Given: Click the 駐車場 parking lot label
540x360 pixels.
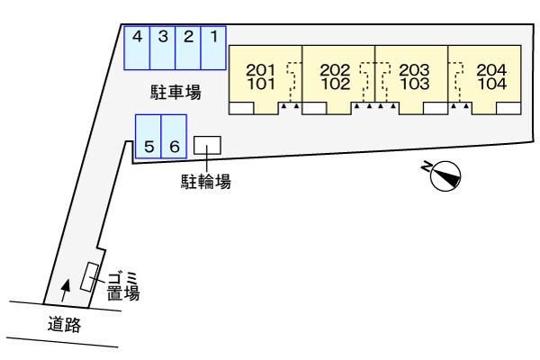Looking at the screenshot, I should [x=175, y=91].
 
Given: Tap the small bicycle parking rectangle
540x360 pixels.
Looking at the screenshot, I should [x=208, y=144].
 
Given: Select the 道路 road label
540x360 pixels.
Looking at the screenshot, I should [x=64, y=326].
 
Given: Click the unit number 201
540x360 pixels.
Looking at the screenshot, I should [x=260, y=69].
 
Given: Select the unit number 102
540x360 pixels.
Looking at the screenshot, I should [x=335, y=84].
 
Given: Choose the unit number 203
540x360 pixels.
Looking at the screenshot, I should [x=414, y=69].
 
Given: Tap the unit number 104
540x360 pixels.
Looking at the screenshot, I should [x=491, y=84].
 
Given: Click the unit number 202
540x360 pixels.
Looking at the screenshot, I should [x=335, y=69].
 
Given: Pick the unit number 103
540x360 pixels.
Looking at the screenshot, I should [x=414, y=84].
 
